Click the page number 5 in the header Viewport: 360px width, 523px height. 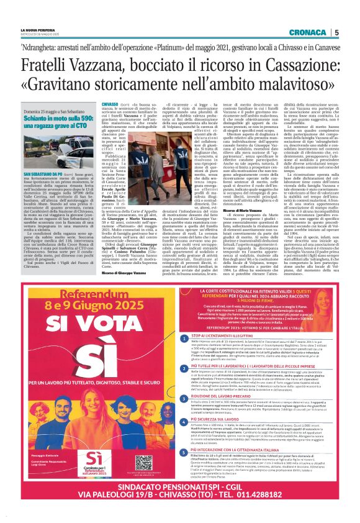(336, 32)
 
